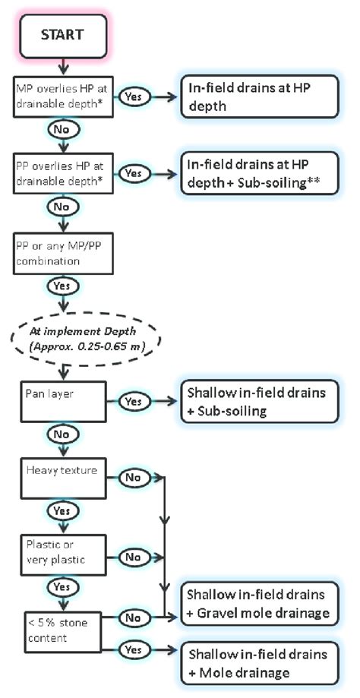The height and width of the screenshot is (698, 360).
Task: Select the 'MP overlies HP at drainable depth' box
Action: [x=62, y=96]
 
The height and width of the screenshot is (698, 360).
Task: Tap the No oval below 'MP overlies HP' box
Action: [x=62, y=130]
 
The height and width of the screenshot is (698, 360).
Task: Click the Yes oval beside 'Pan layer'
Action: [x=133, y=400]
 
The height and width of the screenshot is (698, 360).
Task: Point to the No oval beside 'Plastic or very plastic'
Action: [x=133, y=557]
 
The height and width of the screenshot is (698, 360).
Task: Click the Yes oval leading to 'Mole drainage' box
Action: [x=133, y=649]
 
